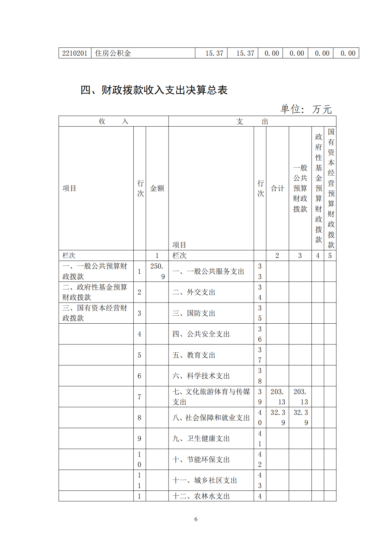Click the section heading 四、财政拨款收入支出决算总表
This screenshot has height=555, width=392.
pos(154,90)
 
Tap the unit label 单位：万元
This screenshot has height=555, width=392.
pos(306,109)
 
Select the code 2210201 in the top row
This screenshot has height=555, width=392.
pos(75,53)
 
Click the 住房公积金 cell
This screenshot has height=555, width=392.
pos(113,53)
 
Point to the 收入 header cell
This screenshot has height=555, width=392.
pos(113,121)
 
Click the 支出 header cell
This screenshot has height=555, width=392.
pos(252,121)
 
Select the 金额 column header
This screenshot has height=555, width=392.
pos(157,188)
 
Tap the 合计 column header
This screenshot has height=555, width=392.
pos(277,188)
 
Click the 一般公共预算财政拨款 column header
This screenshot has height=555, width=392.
pos(300,188)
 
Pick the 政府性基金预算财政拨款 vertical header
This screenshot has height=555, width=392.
pos(318,188)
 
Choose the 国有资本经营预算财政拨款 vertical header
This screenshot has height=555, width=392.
pos(330,188)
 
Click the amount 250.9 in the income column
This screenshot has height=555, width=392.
pos(157,271)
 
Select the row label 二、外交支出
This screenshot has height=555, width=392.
pos(194,292)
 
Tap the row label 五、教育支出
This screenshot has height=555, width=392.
pos(194,355)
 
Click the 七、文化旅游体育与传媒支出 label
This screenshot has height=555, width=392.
pos(211,396)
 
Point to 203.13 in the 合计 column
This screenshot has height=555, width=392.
pos(277,396)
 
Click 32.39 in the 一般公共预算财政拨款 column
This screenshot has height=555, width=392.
pos(301,417)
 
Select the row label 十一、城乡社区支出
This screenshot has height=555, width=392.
pos(204,480)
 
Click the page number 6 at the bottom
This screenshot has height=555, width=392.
pos(196,519)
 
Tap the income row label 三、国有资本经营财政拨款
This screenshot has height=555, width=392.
pos(95,313)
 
